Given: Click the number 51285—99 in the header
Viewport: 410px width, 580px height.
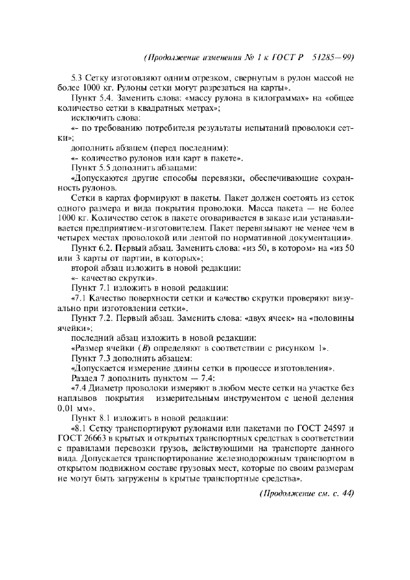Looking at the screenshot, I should [332, 58].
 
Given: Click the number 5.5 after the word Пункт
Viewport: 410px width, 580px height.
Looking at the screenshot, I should [105, 167].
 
